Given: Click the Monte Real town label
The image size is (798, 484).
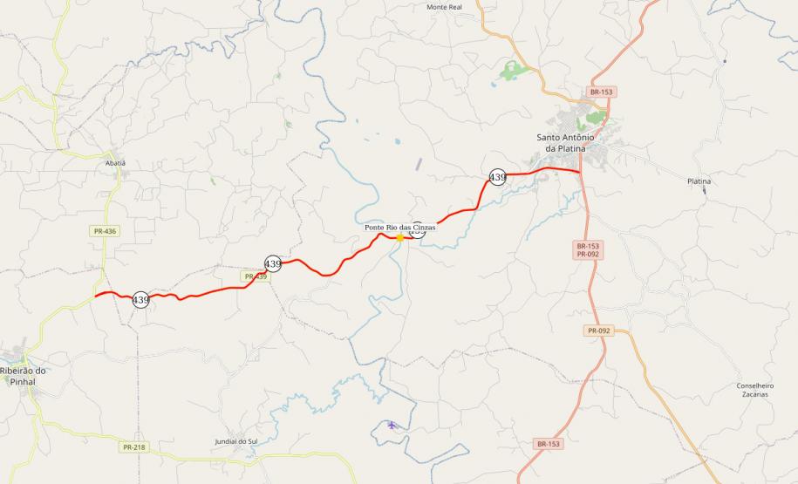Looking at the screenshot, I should click(444, 7).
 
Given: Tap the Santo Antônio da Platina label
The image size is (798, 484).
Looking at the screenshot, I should click(564, 143).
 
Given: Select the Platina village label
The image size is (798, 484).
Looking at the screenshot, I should click(699, 181).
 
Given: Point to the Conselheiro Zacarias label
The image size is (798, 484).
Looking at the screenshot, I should click(755, 390).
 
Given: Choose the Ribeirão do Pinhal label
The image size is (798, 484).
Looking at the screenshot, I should click(23, 376).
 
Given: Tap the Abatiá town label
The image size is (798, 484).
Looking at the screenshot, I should click(115, 163).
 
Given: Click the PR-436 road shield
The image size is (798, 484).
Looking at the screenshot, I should click(103, 231).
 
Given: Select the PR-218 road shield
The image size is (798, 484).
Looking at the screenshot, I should click(133, 447).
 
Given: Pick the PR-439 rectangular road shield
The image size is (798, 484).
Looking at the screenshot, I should click(255, 276).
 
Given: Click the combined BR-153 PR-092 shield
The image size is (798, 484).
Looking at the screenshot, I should click(587, 250).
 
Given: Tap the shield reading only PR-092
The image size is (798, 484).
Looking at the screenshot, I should click(598, 331).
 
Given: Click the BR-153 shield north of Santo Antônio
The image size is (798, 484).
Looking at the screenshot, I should click(601, 92).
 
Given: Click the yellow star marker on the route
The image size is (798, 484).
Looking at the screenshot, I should click(399, 237).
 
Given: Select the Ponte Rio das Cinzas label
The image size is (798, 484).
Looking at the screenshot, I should click(399, 227).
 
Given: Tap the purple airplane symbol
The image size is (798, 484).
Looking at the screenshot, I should click(392, 426).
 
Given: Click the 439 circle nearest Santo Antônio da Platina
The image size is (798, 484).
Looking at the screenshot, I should click(497, 177).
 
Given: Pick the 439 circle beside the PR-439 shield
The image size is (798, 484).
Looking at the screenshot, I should click(273, 263).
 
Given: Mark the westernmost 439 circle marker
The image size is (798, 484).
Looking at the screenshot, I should click(140, 300).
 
